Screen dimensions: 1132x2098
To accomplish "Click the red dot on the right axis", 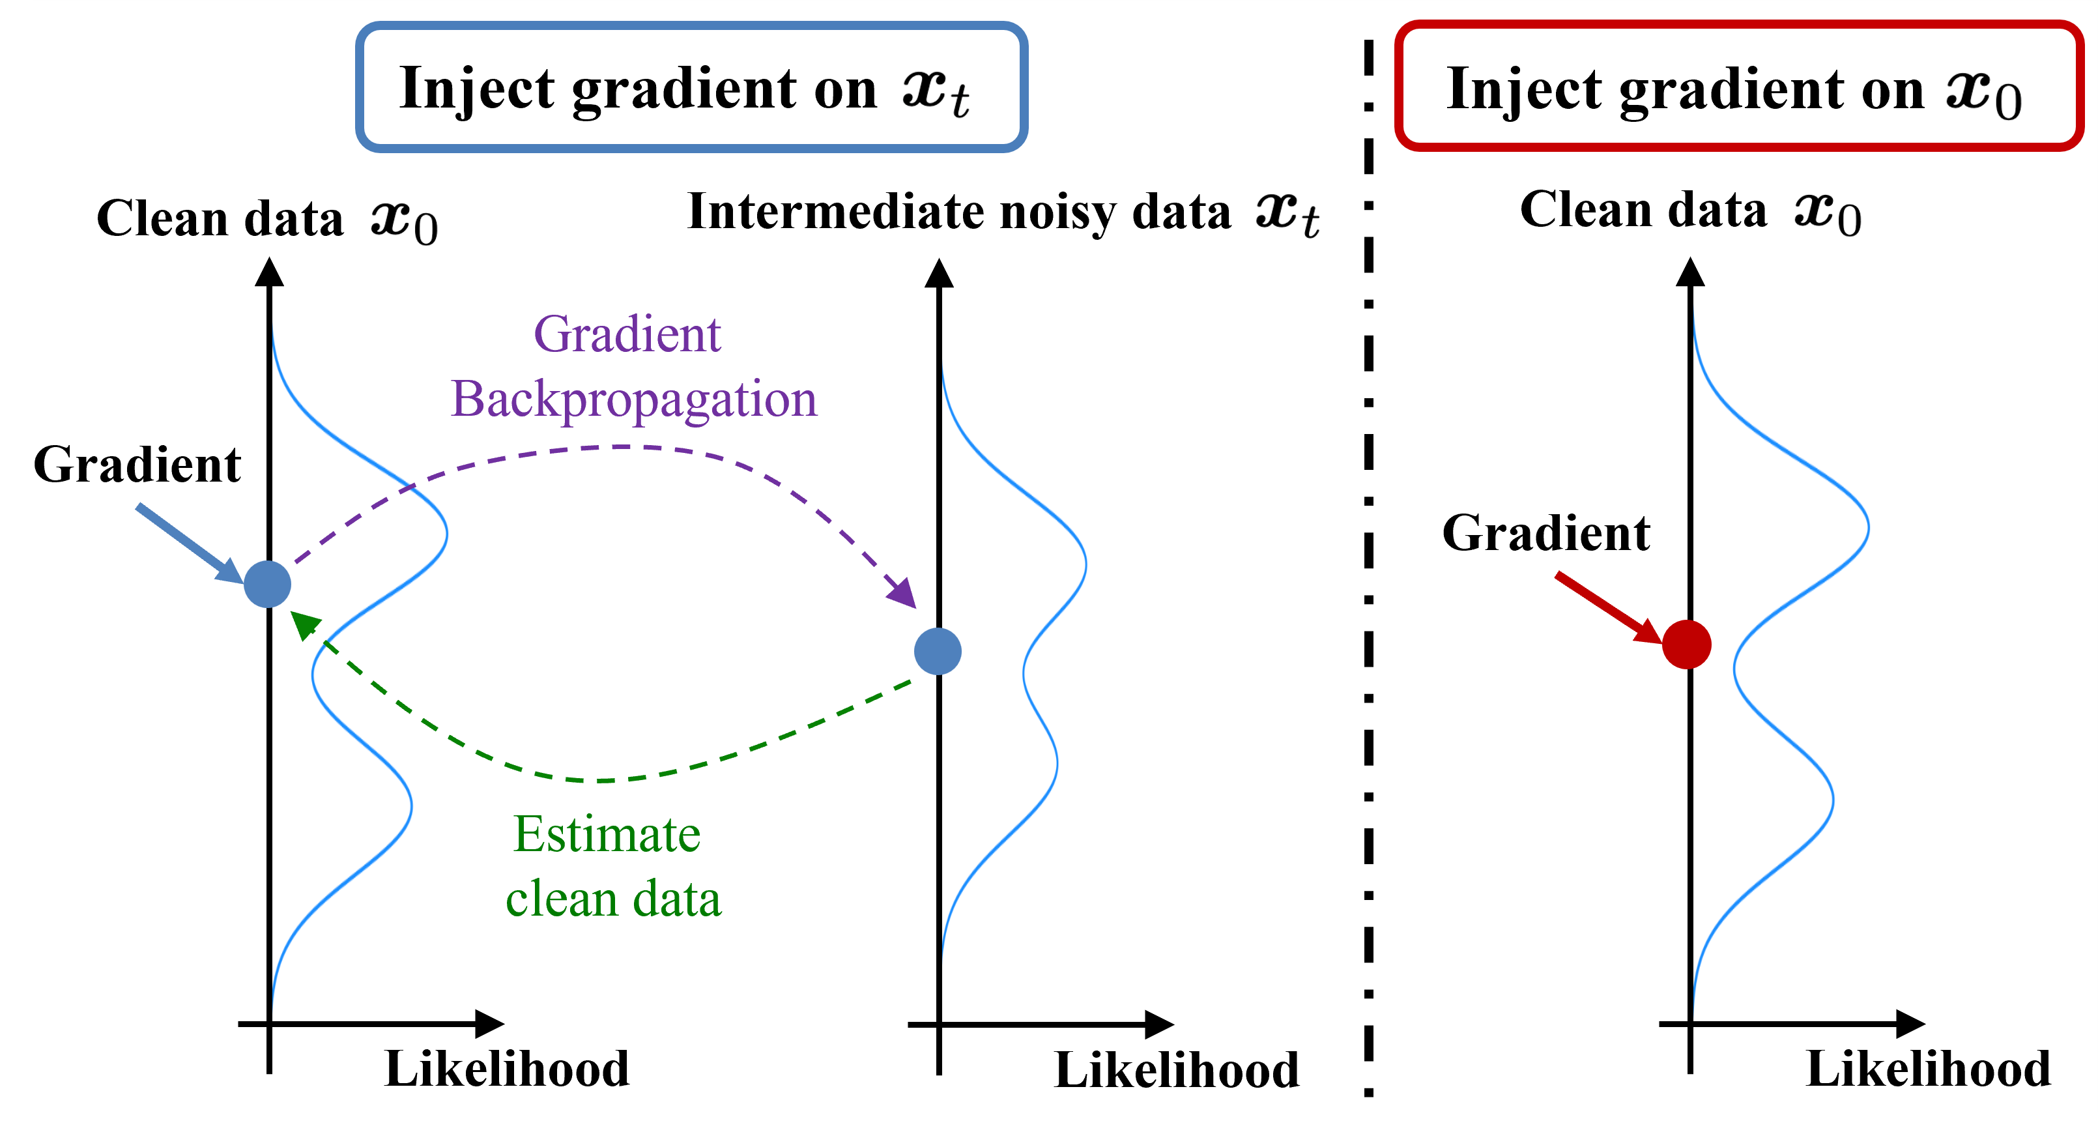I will tap(1686, 644).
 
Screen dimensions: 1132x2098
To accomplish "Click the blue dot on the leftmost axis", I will tap(267, 584).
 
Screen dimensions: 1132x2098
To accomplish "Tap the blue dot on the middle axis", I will tap(938, 652).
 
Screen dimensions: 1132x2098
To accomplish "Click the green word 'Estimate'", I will tap(607, 835).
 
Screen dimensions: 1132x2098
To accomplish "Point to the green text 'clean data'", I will tap(613, 899).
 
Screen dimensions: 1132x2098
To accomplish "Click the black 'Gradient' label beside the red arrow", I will tap(1545, 534).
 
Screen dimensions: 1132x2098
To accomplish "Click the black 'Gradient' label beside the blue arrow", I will tap(137, 465).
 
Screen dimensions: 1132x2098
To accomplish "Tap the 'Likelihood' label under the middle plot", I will tap(1176, 1070).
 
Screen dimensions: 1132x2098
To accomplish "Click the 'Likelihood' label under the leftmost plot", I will tap(507, 1069).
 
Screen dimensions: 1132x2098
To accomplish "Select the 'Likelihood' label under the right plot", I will tap(1928, 1069).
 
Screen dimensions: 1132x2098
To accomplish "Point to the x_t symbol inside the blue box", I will tap(936, 91).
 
